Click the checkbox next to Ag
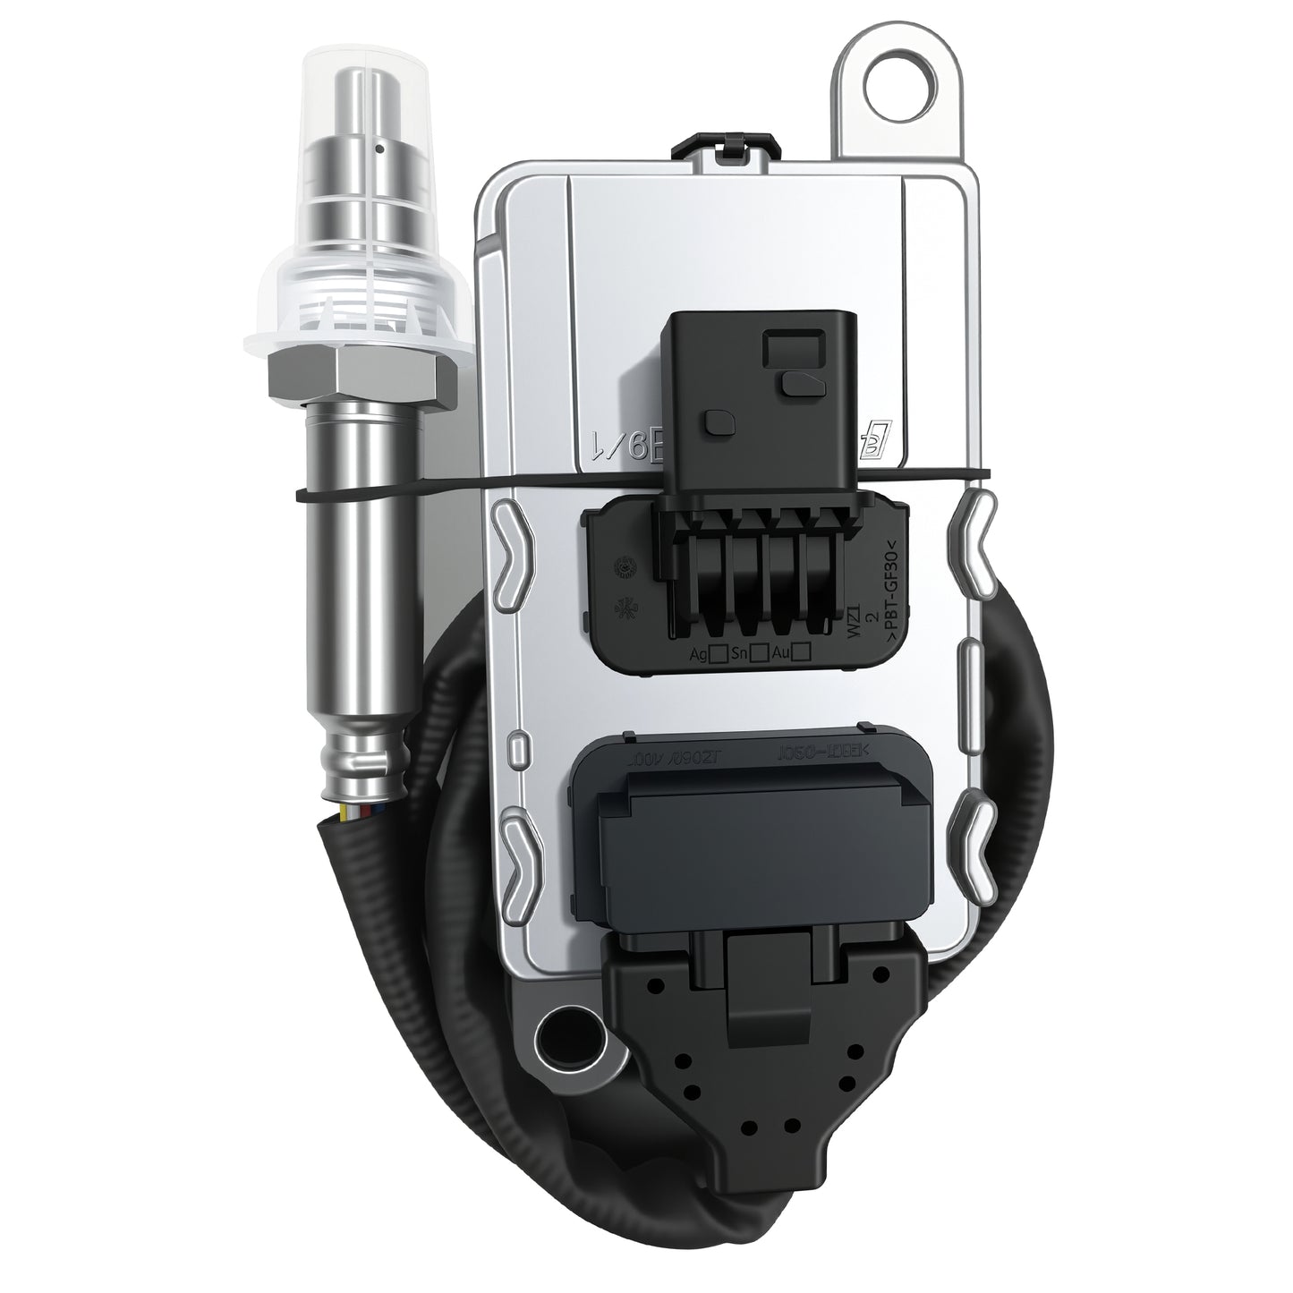coord(716,655)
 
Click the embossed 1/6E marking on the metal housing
coord(626,442)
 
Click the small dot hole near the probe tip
coord(380,144)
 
